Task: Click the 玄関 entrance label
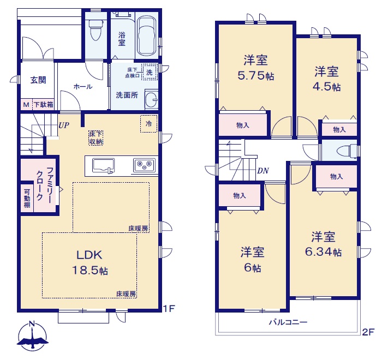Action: pos(38,80)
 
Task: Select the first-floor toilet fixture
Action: pos(95,30)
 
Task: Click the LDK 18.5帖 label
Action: pos(89,262)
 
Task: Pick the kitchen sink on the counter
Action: pos(104,166)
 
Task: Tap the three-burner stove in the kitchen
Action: pos(144,165)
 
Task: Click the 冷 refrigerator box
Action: pos(148,124)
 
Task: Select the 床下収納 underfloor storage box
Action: pos(95,138)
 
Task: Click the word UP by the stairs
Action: pos(64,125)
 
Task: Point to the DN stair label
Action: pos(263,171)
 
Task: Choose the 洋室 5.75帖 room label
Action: pos(256,68)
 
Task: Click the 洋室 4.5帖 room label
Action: pos(326,79)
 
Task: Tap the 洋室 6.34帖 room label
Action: pos(323,244)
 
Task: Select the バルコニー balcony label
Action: pos(288,322)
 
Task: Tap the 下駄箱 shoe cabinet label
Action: pos(44,105)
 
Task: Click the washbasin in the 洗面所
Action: pos(151,100)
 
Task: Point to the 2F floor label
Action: pos(368,332)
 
